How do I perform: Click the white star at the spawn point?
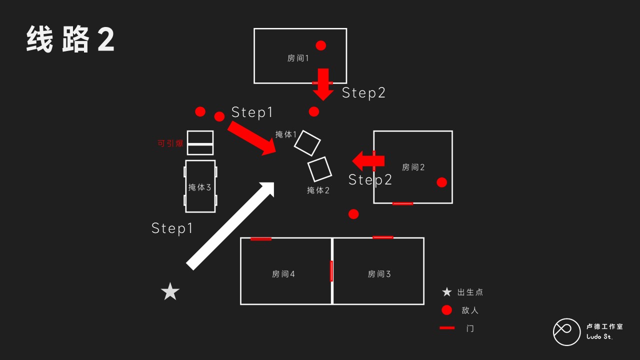[170, 291]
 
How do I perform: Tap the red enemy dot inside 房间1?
[320, 45]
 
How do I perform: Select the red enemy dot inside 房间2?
[441, 182]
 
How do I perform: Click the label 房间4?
[283, 274]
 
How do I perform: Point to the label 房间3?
[379, 274]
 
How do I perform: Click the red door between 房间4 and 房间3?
[331, 271]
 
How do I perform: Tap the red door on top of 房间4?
[261, 239]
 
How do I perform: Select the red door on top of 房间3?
[383, 237]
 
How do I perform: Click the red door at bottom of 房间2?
[402, 203]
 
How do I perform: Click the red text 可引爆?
[170, 143]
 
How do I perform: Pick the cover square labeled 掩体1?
[307, 143]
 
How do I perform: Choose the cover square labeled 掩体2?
[319, 169]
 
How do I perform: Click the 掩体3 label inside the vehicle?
[199, 187]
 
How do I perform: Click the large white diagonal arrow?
[230, 226]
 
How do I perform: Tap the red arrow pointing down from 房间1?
[323, 84]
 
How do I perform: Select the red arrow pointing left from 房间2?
[368, 161]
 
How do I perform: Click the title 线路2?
[70, 39]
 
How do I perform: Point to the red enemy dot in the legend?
[447, 310]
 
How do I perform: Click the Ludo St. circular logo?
[566, 332]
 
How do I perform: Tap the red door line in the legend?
[447, 328]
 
